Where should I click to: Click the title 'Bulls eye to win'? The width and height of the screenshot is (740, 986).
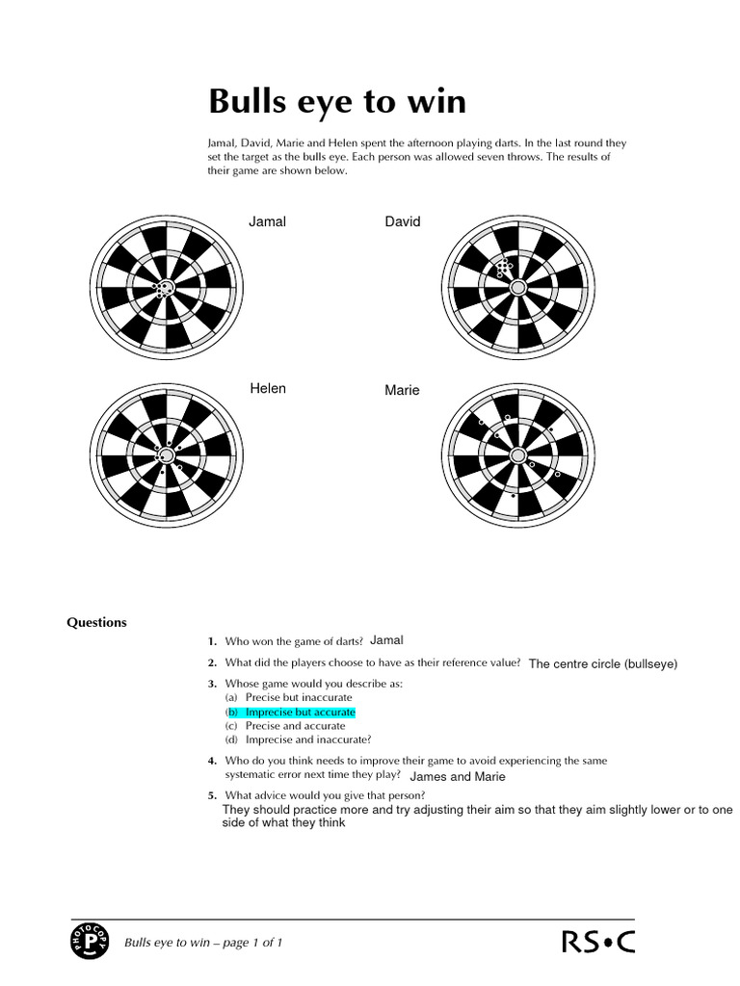click(x=337, y=101)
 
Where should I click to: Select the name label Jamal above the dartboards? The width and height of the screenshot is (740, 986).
click(x=267, y=221)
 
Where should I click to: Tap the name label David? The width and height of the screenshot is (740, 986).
click(x=403, y=221)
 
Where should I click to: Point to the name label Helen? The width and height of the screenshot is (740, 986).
click(x=268, y=389)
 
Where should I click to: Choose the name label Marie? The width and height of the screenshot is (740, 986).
click(x=402, y=391)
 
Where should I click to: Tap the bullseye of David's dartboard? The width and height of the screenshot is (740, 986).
click(x=517, y=287)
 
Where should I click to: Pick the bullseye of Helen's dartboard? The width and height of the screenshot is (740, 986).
click(x=167, y=454)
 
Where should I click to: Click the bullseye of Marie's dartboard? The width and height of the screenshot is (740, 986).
click(x=517, y=454)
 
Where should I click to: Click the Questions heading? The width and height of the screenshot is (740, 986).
click(x=96, y=622)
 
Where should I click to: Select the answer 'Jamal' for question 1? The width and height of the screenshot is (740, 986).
click(x=386, y=640)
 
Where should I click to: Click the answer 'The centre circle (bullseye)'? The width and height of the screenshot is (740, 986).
click(x=603, y=664)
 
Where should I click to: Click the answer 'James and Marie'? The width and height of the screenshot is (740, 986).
click(x=457, y=776)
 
